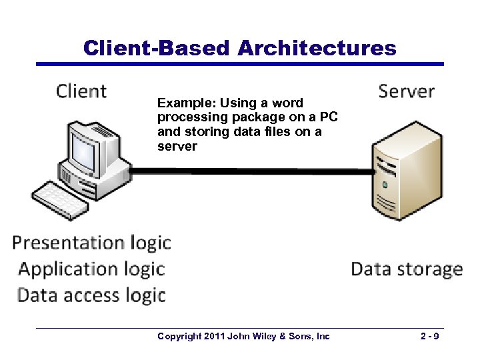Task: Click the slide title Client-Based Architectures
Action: tap(239, 48)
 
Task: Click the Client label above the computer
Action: tap(81, 91)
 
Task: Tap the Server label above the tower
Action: tap(406, 91)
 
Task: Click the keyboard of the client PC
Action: tap(60, 199)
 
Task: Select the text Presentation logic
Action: tap(91, 243)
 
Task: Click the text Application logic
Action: tap(91, 269)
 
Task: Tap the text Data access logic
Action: tap(91, 295)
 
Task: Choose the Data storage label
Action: tap(406, 269)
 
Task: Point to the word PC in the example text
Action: tap(329, 117)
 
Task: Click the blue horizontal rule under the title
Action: tap(239, 64)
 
